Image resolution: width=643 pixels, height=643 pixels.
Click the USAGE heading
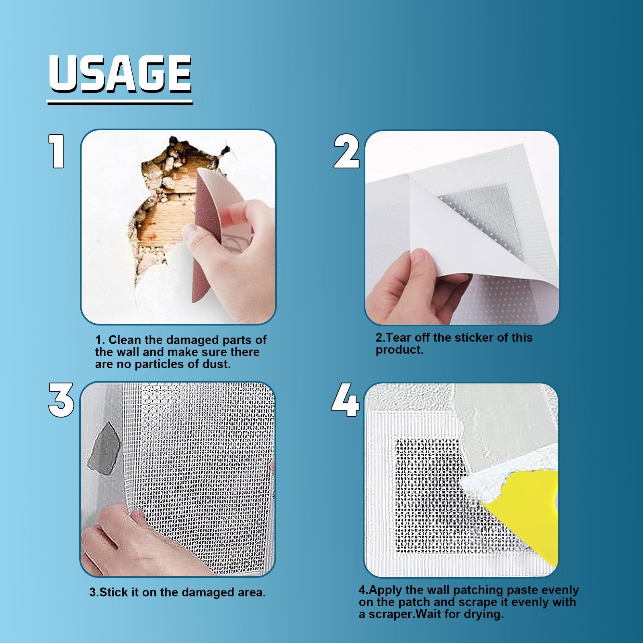(120, 74)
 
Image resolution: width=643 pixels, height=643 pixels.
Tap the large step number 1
(57, 151)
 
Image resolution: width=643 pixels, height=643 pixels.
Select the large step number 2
(346, 152)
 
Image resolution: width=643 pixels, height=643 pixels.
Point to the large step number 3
(61, 400)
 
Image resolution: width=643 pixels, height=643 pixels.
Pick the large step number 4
(345, 400)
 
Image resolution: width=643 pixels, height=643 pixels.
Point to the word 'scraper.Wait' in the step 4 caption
(414, 614)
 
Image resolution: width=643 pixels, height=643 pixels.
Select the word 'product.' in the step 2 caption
(399, 350)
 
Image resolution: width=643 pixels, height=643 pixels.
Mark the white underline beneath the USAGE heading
(120, 103)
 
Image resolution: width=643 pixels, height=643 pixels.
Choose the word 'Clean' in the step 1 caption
(125, 340)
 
